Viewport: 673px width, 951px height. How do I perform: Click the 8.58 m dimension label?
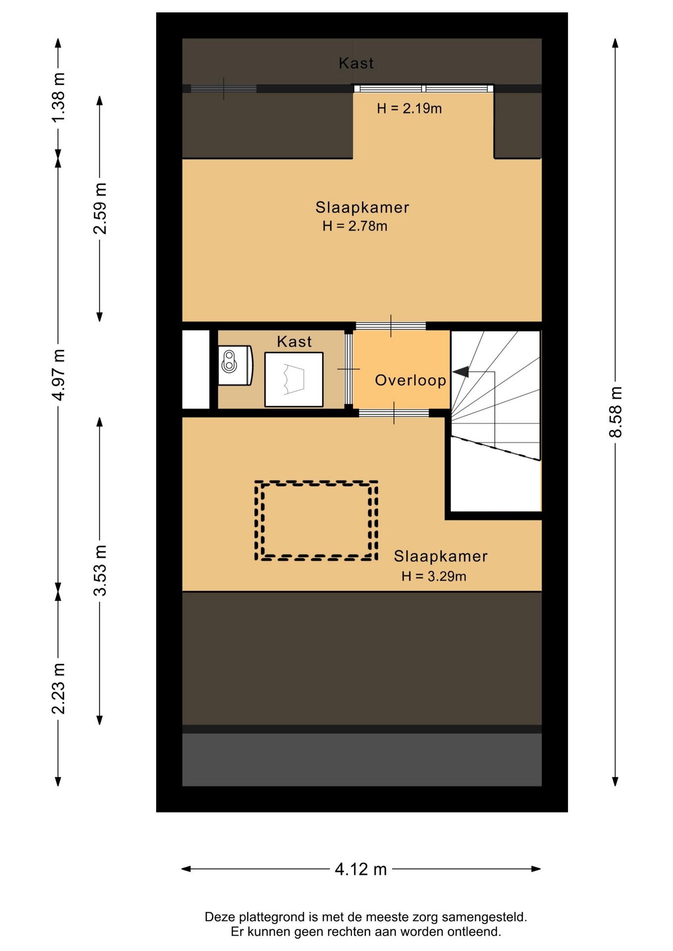(x=615, y=412)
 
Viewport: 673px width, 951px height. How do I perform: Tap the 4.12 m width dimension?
(x=361, y=869)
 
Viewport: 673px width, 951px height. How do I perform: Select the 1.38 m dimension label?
(x=58, y=98)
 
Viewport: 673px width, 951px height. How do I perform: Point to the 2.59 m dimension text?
(x=100, y=209)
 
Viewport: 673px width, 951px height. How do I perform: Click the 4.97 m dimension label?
(x=58, y=375)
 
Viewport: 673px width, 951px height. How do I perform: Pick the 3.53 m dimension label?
(x=100, y=570)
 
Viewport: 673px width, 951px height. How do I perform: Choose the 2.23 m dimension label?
(x=58, y=688)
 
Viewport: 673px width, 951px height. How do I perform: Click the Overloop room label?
(x=410, y=380)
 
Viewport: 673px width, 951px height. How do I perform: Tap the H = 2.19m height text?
(x=409, y=108)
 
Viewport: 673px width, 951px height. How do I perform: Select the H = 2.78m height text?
(x=355, y=226)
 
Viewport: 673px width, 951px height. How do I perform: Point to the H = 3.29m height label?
(x=434, y=576)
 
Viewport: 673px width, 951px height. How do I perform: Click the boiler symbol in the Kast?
(x=235, y=366)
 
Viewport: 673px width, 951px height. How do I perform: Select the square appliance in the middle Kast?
(x=294, y=379)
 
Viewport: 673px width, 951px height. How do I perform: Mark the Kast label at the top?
(x=356, y=63)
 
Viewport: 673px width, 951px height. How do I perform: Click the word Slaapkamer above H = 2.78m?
(x=362, y=207)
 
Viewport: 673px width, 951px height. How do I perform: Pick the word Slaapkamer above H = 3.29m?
(x=441, y=556)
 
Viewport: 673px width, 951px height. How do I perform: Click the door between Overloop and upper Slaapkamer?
(x=391, y=326)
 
